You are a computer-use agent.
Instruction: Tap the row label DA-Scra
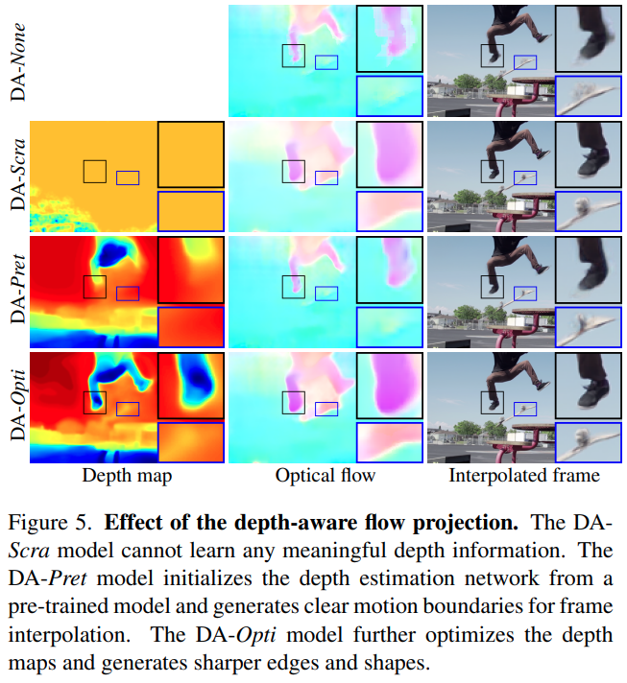click(x=17, y=178)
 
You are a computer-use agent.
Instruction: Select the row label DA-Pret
click(x=17, y=294)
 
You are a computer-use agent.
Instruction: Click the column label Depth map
click(x=127, y=475)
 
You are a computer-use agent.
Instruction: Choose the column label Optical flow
click(x=326, y=475)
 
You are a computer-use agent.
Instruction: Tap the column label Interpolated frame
click(x=525, y=475)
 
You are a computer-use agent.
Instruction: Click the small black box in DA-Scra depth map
click(x=94, y=171)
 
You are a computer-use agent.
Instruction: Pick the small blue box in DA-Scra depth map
click(x=128, y=177)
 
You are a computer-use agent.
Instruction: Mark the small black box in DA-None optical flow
click(x=293, y=56)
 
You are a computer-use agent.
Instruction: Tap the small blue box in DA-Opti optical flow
click(x=326, y=410)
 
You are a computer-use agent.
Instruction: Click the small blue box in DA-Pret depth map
click(x=128, y=294)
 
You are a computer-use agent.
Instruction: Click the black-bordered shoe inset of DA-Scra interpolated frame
click(x=587, y=154)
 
